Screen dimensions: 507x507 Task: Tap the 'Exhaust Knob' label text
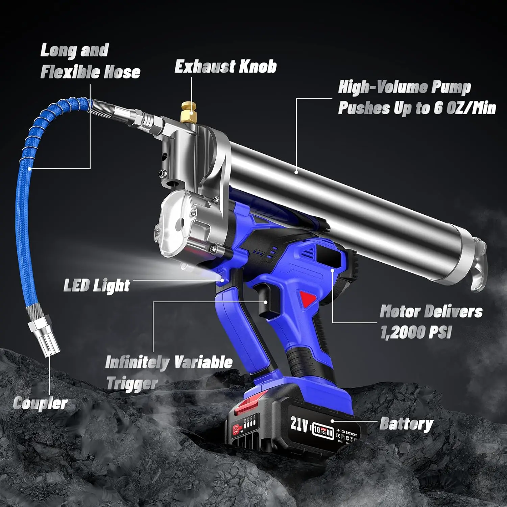[x=225, y=66]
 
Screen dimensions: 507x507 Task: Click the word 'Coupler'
[x=41, y=403]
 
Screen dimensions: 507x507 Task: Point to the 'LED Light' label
[x=97, y=286]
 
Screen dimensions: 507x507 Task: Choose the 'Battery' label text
[x=406, y=424]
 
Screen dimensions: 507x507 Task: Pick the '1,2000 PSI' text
[x=416, y=332]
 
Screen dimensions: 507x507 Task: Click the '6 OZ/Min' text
[x=465, y=108]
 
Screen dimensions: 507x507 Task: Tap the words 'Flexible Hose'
[x=90, y=72]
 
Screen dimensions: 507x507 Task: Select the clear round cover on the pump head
[x=173, y=220]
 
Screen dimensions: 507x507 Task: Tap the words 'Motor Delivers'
[x=431, y=311]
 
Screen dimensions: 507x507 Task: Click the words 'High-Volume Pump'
[x=404, y=88]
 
